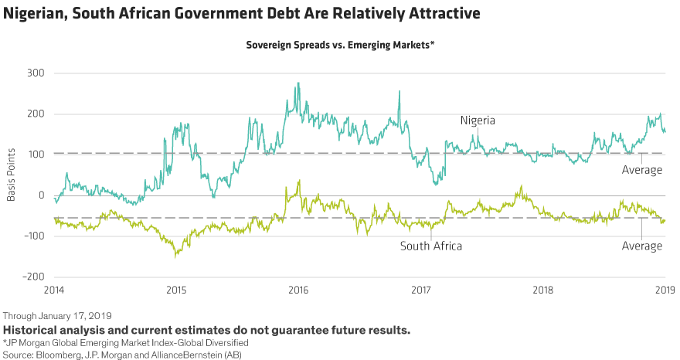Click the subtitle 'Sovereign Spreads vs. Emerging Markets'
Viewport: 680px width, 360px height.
(340, 46)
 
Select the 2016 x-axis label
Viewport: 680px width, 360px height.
(299, 291)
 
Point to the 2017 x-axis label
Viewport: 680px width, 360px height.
(421, 291)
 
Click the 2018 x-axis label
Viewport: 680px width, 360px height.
(543, 291)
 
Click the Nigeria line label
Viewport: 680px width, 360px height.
(478, 121)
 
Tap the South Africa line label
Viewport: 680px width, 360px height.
(431, 246)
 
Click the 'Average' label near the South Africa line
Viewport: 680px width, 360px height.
(642, 246)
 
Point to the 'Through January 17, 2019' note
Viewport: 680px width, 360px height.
(58, 316)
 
